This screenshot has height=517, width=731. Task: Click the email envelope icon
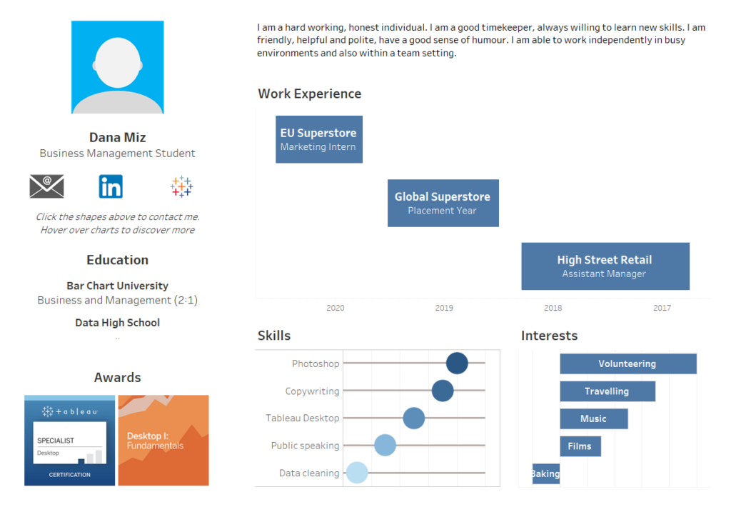pyautogui.click(x=46, y=186)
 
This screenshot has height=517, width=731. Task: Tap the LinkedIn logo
pyautogui.click(x=111, y=186)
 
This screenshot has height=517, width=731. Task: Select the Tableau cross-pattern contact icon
pyautogui.click(x=181, y=186)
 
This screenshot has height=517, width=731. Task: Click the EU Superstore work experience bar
pyautogui.click(x=319, y=139)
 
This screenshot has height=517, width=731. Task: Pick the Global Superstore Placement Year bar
pyautogui.click(x=443, y=204)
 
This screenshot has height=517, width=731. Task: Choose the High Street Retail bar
pyautogui.click(x=605, y=266)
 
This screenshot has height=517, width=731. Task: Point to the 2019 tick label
pyautogui.click(x=444, y=308)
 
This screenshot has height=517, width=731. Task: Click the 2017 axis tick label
pyautogui.click(x=662, y=308)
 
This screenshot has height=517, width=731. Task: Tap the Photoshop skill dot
pyautogui.click(x=457, y=363)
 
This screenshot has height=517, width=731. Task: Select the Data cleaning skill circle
pyautogui.click(x=357, y=473)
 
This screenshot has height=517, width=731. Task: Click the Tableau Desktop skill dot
pyautogui.click(x=413, y=418)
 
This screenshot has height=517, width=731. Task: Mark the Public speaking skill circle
pyautogui.click(x=385, y=445)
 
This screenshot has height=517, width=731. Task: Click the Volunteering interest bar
pyautogui.click(x=628, y=363)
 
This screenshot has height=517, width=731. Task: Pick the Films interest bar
pyautogui.click(x=580, y=446)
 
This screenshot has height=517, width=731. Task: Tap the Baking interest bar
pyautogui.click(x=546, y=473)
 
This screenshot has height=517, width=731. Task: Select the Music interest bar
pyautogui.click(x=594, y=418)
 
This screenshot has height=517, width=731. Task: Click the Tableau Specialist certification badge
pyautogui.click(x=69, y=441)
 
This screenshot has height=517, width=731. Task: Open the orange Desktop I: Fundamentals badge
pyautogui.click(x=163, y=441)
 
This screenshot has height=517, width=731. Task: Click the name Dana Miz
pyautogui.click(x=118, y=138)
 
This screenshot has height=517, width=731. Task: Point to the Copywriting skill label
pyautogui.click(x=312, y=391)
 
